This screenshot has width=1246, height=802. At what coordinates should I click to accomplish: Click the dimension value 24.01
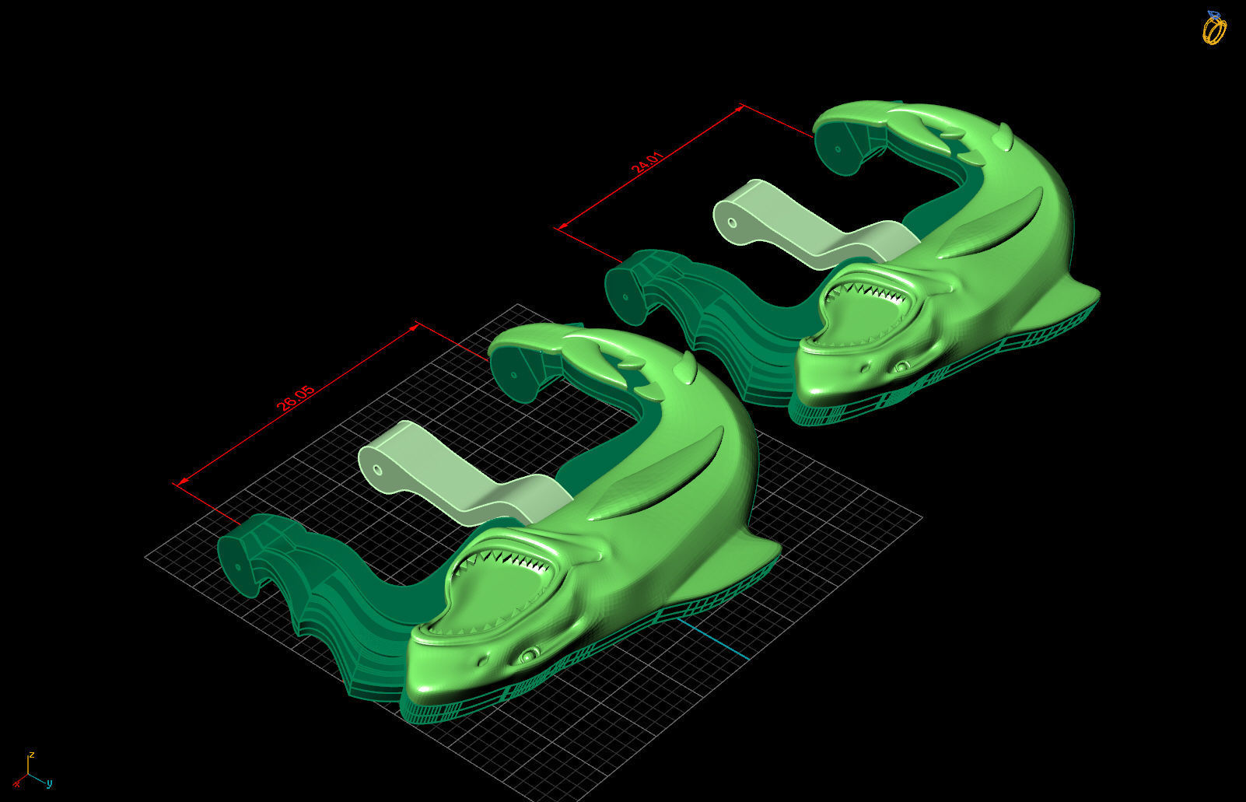point(648,166)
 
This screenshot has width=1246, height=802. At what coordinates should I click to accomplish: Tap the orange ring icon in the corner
point(1213,28)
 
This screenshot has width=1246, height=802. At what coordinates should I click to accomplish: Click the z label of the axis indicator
point(31,755)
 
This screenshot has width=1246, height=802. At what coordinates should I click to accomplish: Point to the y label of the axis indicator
point(49,783)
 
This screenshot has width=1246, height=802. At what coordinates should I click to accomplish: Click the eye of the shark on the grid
point(530,654)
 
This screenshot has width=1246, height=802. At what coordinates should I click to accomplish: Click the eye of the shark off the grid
point(901,366)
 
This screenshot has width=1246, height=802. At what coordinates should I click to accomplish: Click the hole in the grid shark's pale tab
point(377,470)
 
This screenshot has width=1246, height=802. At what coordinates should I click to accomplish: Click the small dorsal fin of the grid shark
point(686,366)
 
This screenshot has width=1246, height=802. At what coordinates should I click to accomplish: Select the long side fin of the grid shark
point(661,482)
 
